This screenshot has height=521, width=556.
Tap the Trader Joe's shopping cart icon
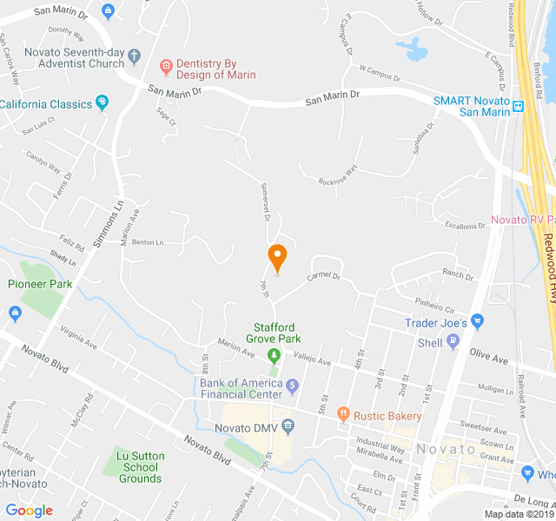[480, 323]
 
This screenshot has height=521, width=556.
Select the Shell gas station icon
[452, 342]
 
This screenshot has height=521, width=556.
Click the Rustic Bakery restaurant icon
[343, 416]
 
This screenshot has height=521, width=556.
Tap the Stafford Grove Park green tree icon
[274, 354]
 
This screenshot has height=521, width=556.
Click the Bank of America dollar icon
[293, 385]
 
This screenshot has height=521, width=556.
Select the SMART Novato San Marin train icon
[519, 107]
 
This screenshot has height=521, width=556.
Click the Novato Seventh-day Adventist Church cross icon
[134, 57]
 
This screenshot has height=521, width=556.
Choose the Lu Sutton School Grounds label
[140, 466]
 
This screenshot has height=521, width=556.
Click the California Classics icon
[102, 103]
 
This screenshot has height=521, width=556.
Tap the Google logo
[29, 510]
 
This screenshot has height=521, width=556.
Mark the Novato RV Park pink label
[521, 219]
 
